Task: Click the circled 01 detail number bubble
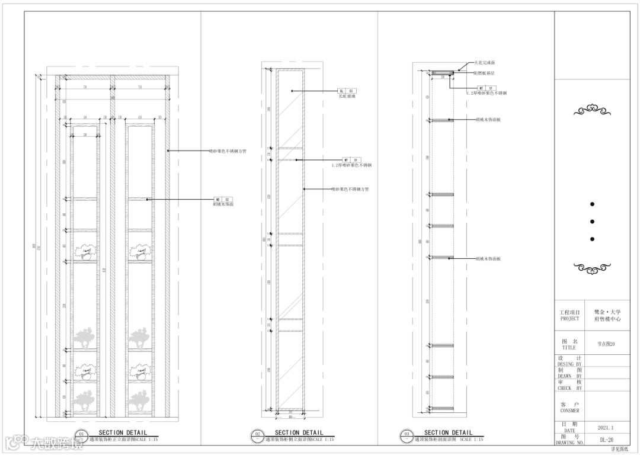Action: tap(82, 435)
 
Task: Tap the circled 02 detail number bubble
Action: tap(257, 435)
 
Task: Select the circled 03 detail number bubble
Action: tap(406, 435)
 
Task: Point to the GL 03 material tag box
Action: tap(345, 91)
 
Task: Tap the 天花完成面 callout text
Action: tap(484, 62)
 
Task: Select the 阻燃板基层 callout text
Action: tap(484, 73)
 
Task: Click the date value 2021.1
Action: tap(606, 427)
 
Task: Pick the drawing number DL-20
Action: tap(606, 440)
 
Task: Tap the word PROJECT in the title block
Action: tap(569, 319)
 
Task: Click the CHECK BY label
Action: tap(569, 388)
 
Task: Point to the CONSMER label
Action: tap(569, 411)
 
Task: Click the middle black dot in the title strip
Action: tap(592, 222)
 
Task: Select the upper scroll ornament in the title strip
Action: tap(592, 110)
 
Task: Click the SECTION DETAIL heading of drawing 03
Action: tap(448, 433)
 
